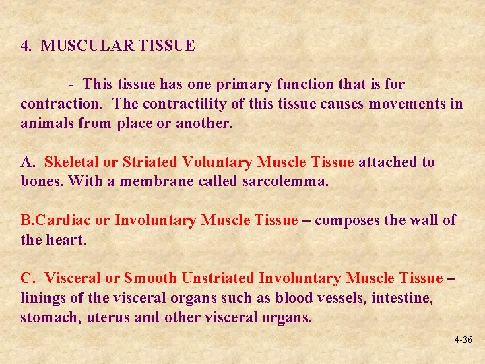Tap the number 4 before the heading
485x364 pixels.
(25, 46)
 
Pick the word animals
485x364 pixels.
(44, 123)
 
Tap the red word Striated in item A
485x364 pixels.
(150, 162)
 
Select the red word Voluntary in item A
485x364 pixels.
(216, 162)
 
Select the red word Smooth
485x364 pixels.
(150, 278)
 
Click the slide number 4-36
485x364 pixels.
(463, 340)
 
